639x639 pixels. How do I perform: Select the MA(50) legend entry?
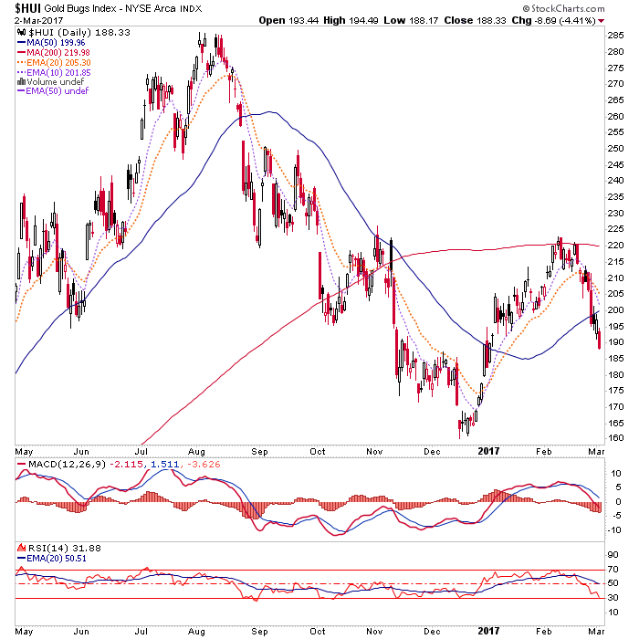tap(55, 41)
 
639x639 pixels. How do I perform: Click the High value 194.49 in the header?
tap(375, 20)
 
